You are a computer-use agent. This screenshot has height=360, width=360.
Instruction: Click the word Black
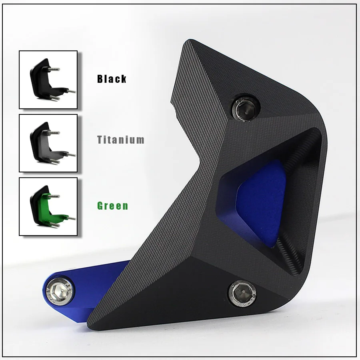coord(112,79)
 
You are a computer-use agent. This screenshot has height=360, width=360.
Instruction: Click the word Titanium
coord(121,140)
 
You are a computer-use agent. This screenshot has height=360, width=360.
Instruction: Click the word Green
coord(113,206)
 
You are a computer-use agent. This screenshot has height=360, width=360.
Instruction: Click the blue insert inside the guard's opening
coord(262,202)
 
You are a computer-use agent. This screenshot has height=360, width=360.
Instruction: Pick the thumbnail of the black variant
coord(48,80)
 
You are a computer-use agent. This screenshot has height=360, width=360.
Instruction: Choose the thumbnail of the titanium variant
coord(48,143)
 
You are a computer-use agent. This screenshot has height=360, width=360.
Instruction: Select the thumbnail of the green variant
coord(48,206)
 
